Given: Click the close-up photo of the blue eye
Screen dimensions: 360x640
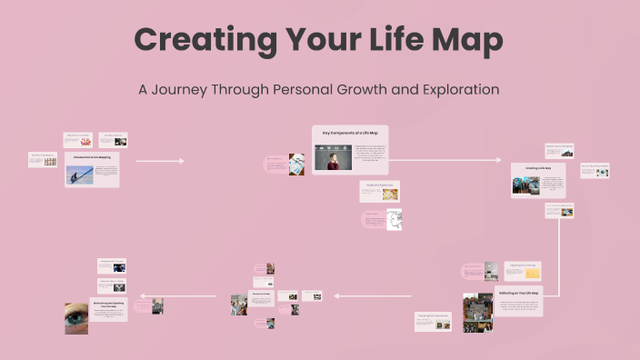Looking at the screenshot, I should [x=76, y=317].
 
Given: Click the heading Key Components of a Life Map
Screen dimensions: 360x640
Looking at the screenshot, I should [x=350, y=134].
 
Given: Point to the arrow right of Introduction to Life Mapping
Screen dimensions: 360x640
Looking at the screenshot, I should [x=159, y=161].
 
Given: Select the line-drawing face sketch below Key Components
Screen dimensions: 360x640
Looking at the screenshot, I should [x=394, y=219].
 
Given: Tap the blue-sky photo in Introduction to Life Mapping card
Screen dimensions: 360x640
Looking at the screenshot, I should [x=79, y=175].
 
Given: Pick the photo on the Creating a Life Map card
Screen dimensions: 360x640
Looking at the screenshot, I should [x=525, y=184].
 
